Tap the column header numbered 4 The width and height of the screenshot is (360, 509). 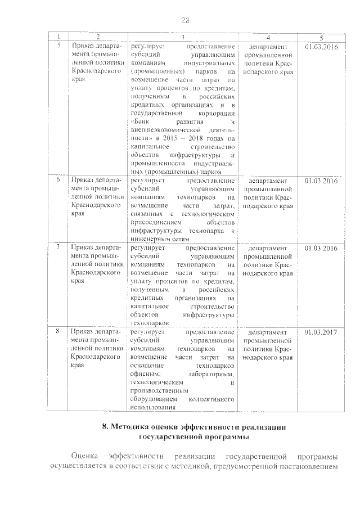268,38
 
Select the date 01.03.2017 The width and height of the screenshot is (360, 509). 321,332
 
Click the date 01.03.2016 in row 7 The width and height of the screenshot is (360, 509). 321,248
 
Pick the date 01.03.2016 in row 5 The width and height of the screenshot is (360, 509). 321,46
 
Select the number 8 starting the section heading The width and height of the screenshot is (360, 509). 105,427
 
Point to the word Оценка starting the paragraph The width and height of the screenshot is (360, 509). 83,456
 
